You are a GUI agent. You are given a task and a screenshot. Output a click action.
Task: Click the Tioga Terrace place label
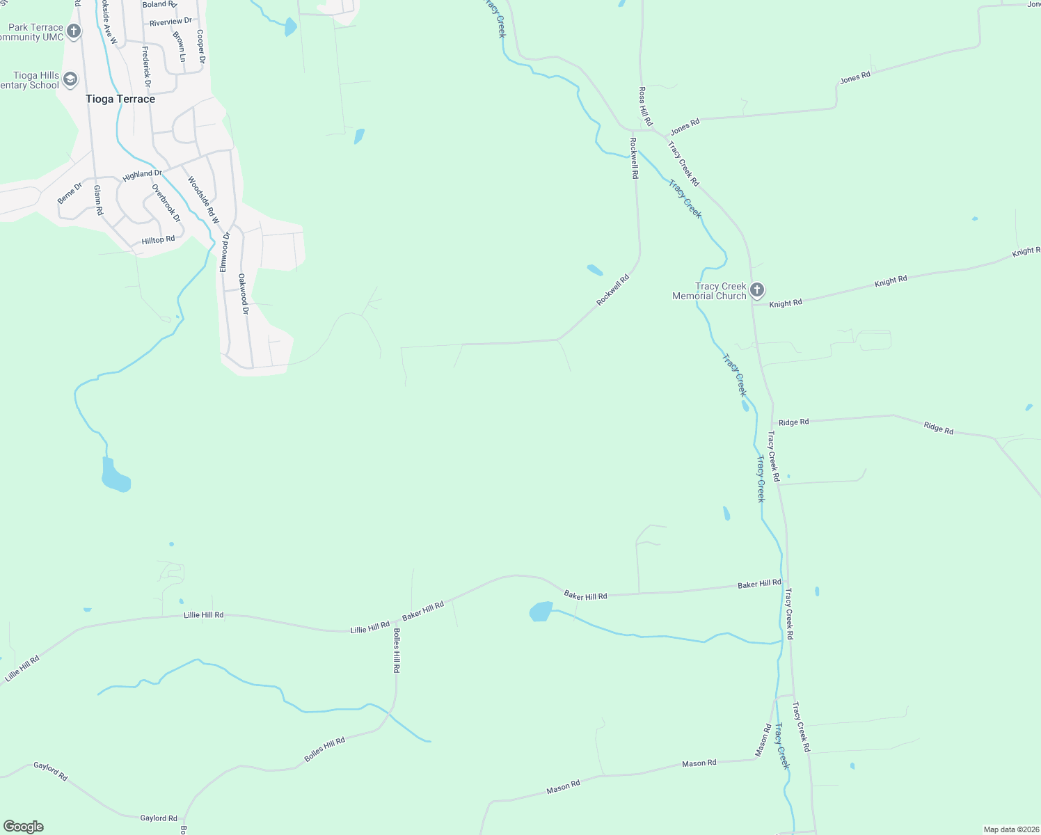click(120, 99)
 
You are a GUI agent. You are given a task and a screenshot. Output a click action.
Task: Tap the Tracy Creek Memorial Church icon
click(757, 290)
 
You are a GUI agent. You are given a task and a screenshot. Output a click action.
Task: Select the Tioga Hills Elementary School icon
click(70, 79)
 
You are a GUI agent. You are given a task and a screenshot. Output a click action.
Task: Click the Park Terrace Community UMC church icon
click(74, 31)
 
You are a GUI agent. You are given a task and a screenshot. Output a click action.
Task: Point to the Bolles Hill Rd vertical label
click(397, 651)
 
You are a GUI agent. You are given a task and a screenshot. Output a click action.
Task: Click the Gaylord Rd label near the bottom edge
click(159, 818)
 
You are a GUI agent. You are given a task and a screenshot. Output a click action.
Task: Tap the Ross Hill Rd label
click(645, 106)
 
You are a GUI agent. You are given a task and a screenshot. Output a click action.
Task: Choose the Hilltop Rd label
click(158, 240)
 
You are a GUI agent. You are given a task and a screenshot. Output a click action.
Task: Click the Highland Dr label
click(142, 175)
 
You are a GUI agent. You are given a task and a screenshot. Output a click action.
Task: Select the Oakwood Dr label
click(243, 294)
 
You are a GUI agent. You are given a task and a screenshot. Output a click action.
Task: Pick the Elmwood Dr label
click(224, 252)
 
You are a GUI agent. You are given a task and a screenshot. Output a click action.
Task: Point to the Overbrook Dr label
click(166, 203)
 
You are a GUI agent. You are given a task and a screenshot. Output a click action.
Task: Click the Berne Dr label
click(69, 193)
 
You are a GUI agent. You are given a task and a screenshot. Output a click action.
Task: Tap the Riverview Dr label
click(170, 22)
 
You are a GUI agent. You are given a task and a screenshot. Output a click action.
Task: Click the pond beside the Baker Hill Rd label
click(541, 612)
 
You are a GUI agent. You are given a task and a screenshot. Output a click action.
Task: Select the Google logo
click(24, 827)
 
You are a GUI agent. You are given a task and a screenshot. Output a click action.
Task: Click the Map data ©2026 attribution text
click(1010, 829)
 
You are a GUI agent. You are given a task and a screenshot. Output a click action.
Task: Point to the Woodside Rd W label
click(203, 200)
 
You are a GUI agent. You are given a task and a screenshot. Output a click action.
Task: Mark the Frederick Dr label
click(146, 67)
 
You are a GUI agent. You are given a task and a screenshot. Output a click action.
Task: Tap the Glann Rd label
click(98, 200)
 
